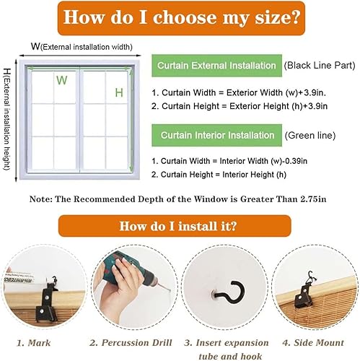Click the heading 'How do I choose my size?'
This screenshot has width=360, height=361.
(181, 18)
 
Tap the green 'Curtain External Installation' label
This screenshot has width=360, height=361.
(216, 66)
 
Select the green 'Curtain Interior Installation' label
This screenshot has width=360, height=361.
(216, 135)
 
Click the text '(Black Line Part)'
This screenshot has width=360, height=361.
(320, 66)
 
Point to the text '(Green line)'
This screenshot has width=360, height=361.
(310, 135)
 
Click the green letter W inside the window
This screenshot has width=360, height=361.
(62, 80)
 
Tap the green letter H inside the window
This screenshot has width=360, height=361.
(119, 93)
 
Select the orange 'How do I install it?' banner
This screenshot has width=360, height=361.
(175, 226)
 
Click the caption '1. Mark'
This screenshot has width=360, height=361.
(34, 343)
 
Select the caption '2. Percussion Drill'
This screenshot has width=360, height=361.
(131, 343)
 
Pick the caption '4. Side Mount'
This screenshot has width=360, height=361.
(313, 343)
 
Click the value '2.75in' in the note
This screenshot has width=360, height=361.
(313, 199)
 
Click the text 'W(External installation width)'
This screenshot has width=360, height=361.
(82, 46)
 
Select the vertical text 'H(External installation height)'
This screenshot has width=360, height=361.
(7, 120)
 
